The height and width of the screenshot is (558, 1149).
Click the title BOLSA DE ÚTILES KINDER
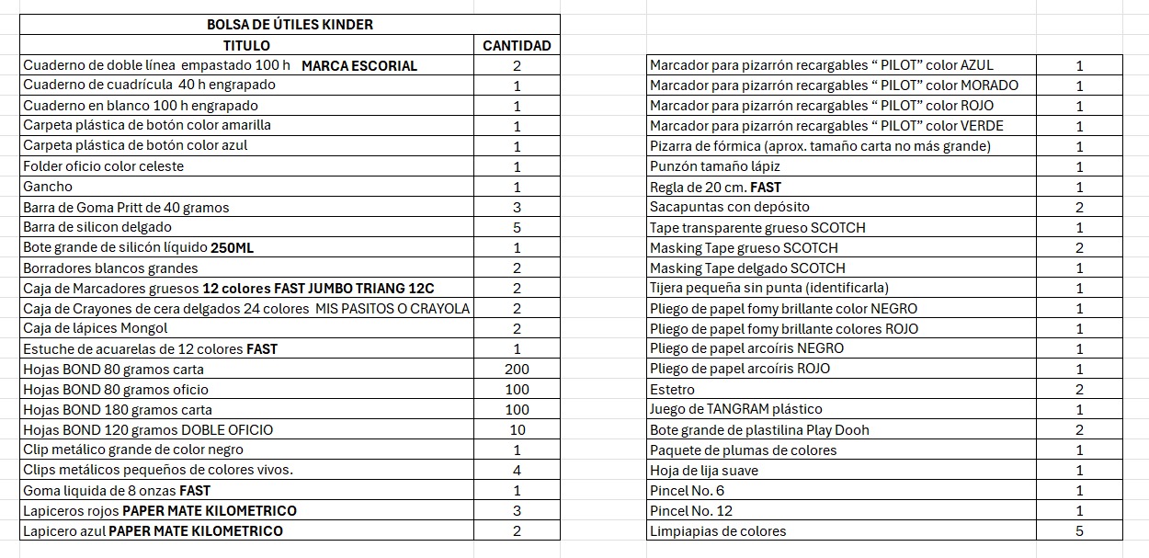(290, 25)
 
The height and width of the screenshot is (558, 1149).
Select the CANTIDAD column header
(517, 45)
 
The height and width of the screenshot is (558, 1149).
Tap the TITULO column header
(246, 45)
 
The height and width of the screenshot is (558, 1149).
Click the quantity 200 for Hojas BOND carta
(517, 369)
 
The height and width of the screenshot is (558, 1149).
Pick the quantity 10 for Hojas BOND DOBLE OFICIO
(517, 429)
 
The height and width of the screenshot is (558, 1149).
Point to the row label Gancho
(48, 187)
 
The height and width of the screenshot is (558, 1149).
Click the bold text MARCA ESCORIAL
(358, 66)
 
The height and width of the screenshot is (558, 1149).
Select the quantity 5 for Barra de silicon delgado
(517, 227)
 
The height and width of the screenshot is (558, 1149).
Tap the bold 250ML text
(232, 247)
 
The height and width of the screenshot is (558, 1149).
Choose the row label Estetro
(672, 390)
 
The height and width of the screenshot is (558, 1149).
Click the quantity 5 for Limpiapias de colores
(1079, 530)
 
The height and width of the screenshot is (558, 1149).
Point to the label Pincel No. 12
(691, 510)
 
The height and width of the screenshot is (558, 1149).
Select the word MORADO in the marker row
(989, 85)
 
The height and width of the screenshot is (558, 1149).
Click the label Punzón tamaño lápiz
(709, 166)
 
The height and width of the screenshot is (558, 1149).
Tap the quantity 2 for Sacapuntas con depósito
(1079, 208)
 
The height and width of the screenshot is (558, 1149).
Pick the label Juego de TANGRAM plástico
(735, 409)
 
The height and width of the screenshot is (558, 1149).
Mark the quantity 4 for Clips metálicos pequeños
(517, 470)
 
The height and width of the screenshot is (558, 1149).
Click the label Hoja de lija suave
(703, 471)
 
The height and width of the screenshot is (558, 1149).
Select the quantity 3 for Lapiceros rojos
(517, 510)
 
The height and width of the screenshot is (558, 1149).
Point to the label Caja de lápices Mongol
(96, 328)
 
